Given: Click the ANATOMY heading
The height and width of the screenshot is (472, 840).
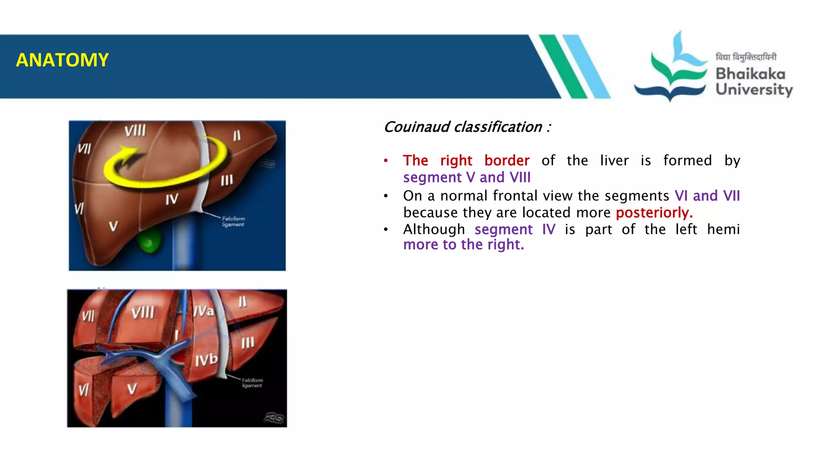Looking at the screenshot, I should tap(62, 60).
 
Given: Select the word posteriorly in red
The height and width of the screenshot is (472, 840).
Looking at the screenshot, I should tap(654, 213).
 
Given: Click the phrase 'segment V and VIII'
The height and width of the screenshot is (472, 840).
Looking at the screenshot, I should tap(467, 177).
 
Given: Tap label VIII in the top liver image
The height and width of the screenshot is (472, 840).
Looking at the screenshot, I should tap(135, 131).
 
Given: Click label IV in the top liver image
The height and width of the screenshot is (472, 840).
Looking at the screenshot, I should tap(172, 200).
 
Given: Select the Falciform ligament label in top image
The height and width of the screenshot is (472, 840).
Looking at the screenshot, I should tap(233, 221).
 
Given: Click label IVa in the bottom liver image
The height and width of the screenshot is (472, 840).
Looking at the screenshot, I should tap(204, 311).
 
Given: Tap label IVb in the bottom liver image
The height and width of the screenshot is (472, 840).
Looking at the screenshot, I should tap(206, 360).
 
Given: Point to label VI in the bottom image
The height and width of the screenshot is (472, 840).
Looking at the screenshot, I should tap(84, 390).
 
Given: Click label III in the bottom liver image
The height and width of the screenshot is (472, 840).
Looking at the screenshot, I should tap(247, 343).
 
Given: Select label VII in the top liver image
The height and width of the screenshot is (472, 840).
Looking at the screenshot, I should tap(84, 148).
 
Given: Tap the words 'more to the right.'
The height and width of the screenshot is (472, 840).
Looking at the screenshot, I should tap(463, 245).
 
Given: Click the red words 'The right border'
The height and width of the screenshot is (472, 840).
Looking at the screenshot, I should tap(466, 161).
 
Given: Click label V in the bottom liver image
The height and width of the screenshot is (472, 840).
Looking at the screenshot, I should tap(132, 388).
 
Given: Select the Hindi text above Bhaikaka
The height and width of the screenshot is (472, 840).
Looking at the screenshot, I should tap(746, 57).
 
